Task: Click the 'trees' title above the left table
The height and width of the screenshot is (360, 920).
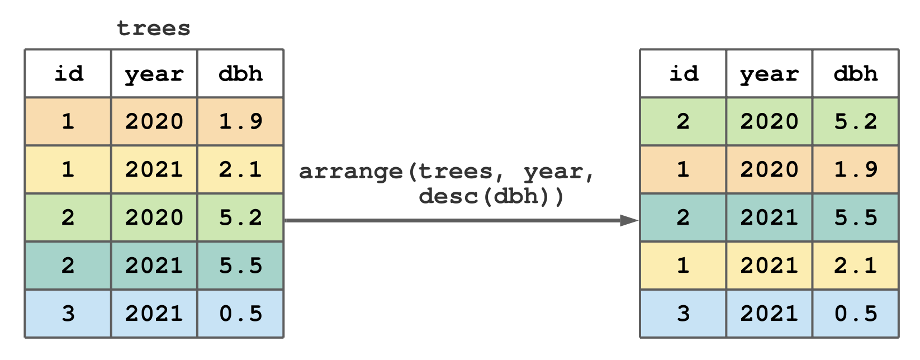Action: pyautogui.click(x=154, y=29)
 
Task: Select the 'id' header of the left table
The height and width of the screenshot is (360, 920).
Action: pyautogui.click(x=68, y=74)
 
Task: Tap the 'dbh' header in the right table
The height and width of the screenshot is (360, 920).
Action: pyautogui.click(x=856, y=74)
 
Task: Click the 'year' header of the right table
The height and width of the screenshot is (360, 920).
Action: pyautogui.click(x=769, y=74)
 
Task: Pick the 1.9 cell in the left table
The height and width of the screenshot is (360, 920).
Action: pyautogui.click(x=241, y=121)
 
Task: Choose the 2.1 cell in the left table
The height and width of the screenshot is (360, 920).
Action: pyautogui.click(x=241, y=169)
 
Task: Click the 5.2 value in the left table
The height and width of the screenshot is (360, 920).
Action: pyautogui.click(x=241, y=217)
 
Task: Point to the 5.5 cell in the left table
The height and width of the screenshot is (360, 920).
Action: pyautogui.click(x=241, y=266)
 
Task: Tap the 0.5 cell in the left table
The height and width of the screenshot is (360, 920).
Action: pyautogui.click(x=241, y=314)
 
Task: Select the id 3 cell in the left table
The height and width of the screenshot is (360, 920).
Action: pyautogui.click(x=68, y=314)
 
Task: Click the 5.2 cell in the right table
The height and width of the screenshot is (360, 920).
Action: pyautogui.click(x=856, y=121)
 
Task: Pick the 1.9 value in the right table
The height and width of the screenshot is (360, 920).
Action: pyautogui.click(x=856, y=169)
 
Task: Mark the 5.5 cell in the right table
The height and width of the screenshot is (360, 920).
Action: pyautogui.click(x=856, y=217)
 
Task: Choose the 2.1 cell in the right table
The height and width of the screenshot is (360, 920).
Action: pyautogui.click(x=856, y=266)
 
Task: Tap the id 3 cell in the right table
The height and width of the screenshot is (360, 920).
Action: pyautogui.click(x=684, y=314)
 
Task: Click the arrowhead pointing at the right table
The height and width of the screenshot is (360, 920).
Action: pyautogui.click(x=629, y=221)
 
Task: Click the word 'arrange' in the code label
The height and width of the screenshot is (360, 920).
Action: pyautogui.click(x=351, y=172)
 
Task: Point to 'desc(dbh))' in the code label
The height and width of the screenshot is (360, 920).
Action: pyautogui.click(x=491, y=196)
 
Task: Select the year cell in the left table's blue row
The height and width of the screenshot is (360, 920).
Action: pyautogui.click(x=154, y=314)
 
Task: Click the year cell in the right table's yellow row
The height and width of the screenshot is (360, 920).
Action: pyautogui.click(x=769, y=266)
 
